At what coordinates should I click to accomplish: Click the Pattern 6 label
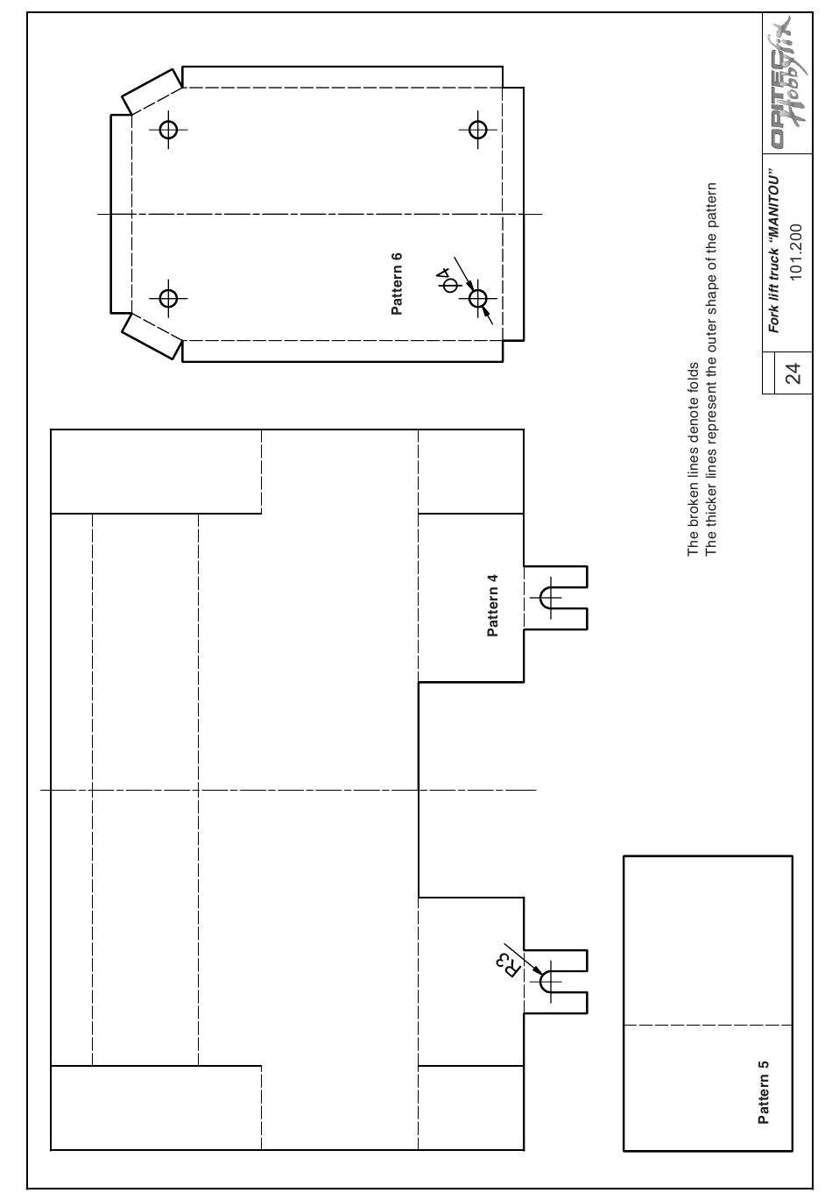tap(397, 284)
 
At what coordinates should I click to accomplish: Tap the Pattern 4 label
tap(492, 606)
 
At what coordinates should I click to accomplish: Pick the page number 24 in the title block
tap(795, 373)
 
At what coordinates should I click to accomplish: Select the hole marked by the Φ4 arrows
tap(477, 298)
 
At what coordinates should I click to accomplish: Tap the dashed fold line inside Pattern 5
tap(708, 1026)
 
